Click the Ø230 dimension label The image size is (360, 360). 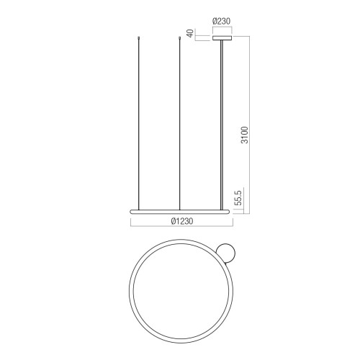coord(221,22)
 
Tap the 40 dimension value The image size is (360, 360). coord(190,33)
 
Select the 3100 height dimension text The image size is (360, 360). coord(245,135)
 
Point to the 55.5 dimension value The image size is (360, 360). coord(238,197)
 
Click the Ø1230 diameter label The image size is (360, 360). coord(182,221)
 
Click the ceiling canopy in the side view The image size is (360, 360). coord(222,38)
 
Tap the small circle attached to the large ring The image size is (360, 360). coord(225,253)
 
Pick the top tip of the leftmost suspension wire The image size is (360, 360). coord(139,37)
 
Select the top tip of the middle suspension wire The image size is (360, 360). coord(179,37)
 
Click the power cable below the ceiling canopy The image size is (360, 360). coord(222,125)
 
